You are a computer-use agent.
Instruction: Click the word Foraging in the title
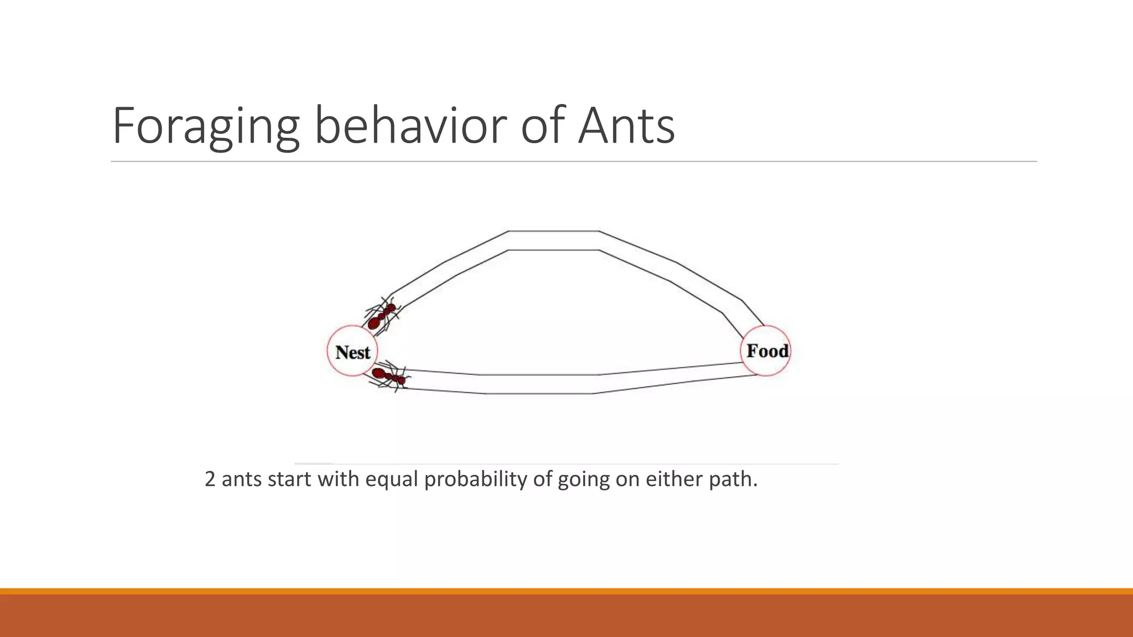(x=206, y=126)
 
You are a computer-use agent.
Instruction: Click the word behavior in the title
(x=410, y=126)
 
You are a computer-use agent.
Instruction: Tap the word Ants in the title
(x=626, y=126)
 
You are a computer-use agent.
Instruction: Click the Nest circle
(x=352, y=351)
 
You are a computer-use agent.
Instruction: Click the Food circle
(x=766, y=351)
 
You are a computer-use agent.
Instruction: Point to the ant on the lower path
(x=389, y=377)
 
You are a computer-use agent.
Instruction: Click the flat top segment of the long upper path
(x=553, y=241)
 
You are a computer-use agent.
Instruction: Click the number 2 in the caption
(x=210, y=479)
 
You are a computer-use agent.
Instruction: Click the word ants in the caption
(x=242, y=479)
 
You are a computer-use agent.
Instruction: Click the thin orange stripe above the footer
(x=566, y=591)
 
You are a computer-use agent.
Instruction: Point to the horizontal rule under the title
(x=574, y=161)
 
